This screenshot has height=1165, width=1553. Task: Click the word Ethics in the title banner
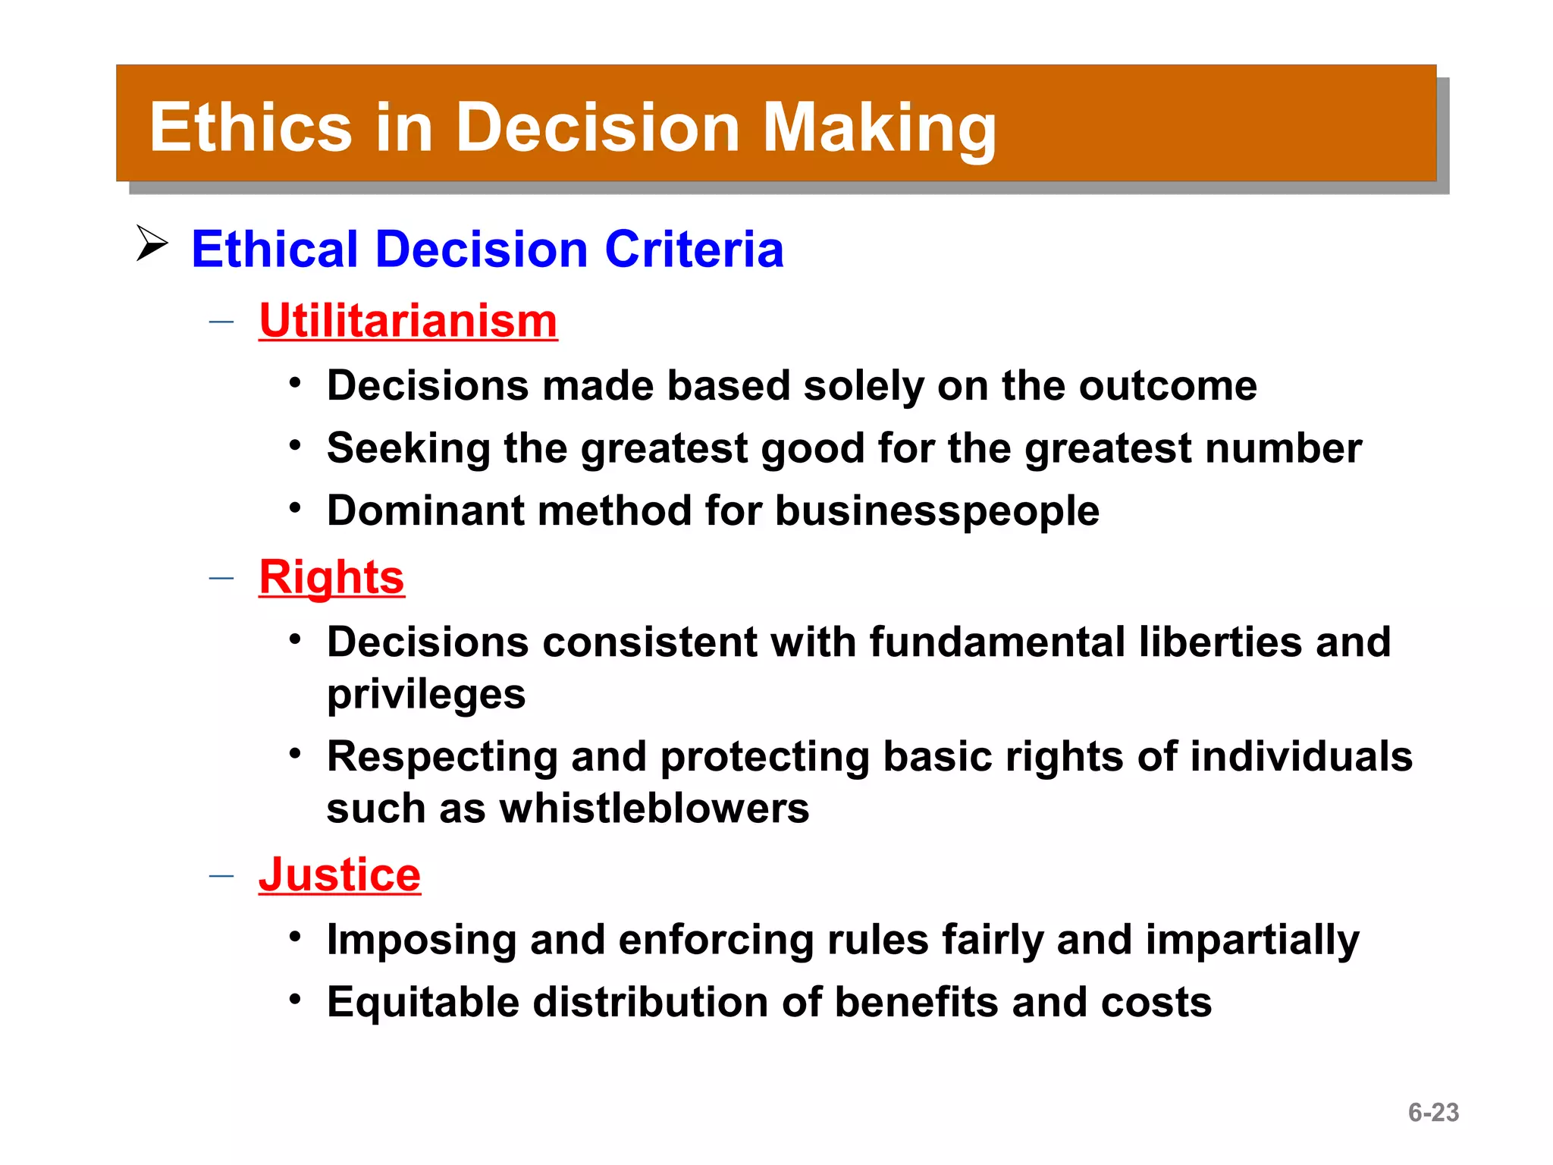click(251, 127)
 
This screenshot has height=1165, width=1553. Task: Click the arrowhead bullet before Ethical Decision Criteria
click(152, 243)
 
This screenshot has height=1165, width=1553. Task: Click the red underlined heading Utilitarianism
click(408, 321)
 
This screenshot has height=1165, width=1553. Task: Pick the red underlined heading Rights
click(331, 578)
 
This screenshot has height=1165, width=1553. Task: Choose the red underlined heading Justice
click(339, 875)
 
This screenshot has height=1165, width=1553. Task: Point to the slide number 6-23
click(1433, 1112)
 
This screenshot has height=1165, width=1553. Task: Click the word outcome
click(1168, 386)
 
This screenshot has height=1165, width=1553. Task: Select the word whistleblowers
click(654, 809)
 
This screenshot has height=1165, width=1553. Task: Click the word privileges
click(426, 695)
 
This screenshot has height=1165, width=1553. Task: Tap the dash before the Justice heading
click(221, 876)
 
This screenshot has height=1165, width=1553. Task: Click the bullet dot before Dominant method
click(295, 507)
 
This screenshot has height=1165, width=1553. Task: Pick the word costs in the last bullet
click(1156, 1003)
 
